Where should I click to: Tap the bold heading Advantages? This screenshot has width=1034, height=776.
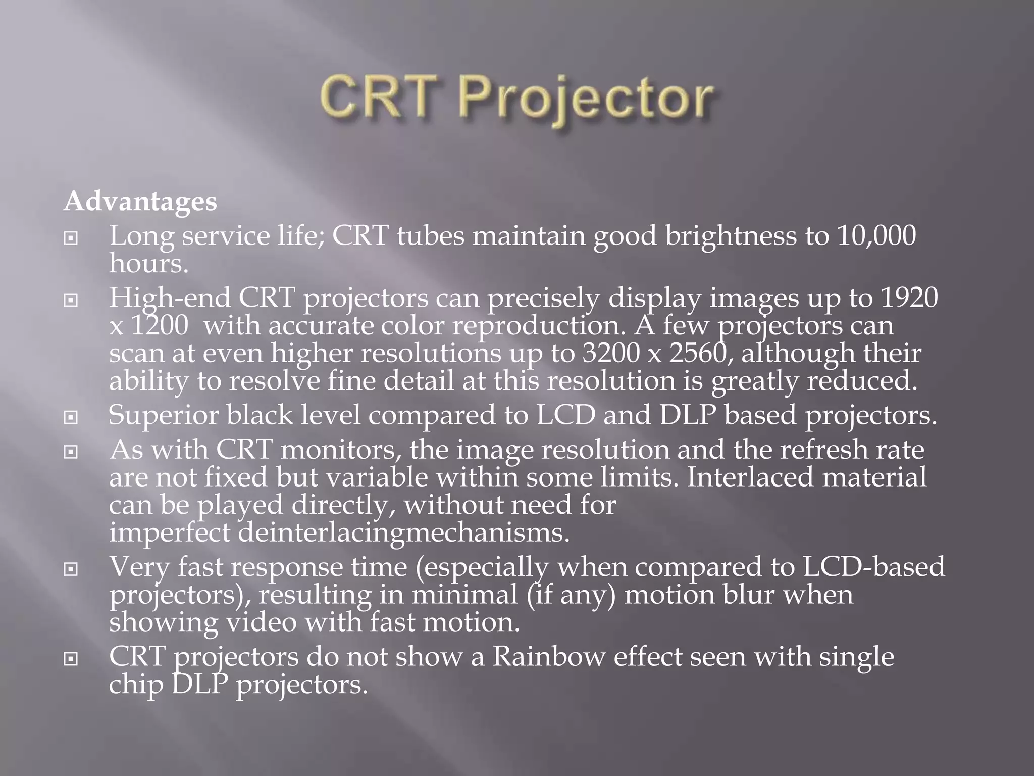click(140, 202)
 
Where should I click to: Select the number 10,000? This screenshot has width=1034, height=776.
click(876, 236)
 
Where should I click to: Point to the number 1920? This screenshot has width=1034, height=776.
click(909, 298)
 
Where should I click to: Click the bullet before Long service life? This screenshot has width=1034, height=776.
click(71, 238)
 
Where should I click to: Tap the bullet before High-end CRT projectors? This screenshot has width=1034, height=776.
click(71, 300)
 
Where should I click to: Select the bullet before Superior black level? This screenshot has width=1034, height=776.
click(71, 417)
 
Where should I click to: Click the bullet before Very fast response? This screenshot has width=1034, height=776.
click(71, 569)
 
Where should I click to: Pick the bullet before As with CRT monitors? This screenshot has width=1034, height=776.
click(71, 451)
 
